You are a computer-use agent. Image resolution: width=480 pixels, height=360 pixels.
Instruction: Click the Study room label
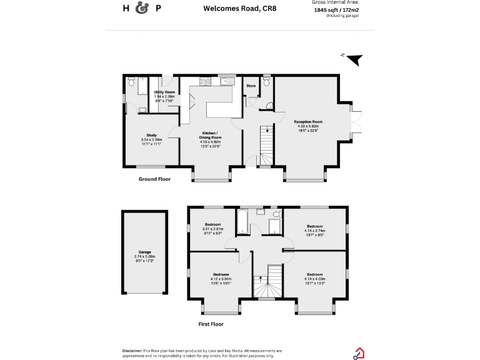[x=151, y=135]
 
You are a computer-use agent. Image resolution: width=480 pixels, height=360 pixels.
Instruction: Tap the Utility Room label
[x=164, y=92]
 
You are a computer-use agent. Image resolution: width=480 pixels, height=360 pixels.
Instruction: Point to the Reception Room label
[x=307, y=121]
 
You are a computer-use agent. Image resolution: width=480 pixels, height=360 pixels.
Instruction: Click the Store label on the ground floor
[x=251, y=86]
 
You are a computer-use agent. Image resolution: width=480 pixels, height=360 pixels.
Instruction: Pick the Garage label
[x=145, y=252]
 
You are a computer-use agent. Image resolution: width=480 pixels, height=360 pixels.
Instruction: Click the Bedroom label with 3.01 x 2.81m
[x=212, y=224]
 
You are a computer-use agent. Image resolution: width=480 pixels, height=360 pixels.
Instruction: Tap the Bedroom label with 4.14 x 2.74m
[x=314, y=226]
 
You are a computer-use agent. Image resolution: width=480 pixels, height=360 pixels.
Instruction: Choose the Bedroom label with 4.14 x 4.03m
[x=314, y=274]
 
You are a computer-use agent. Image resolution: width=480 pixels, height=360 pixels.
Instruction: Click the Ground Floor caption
[x=154, y=179]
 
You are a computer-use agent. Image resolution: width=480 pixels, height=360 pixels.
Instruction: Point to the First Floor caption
[x=211, y=324]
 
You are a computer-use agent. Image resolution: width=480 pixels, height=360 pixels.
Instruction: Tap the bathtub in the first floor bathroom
[x=243, y=220]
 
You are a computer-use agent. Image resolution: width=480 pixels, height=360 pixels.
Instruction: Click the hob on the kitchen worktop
[x=205, y=81]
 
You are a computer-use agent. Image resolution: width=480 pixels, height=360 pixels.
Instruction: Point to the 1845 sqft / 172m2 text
[x=340, y=10]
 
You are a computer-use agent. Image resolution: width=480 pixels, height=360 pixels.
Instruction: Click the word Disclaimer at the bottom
[x=132, y=351]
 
